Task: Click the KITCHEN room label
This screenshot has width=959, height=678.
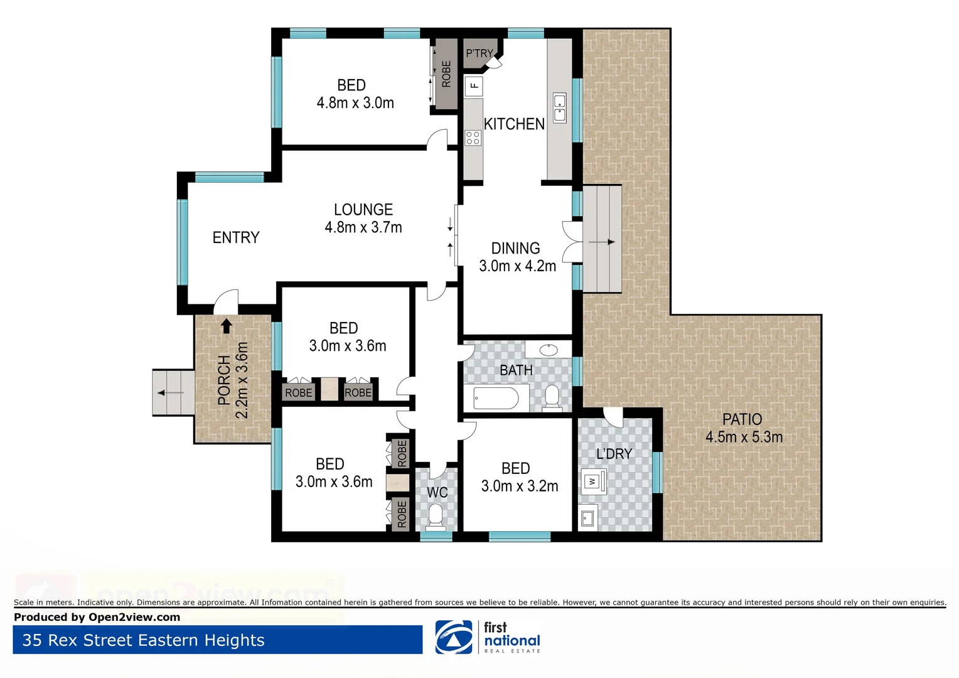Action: (x=513, y=124)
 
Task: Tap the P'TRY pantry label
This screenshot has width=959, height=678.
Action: (x=479, y=53)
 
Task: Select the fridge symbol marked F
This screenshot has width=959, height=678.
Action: (x=474, y=85)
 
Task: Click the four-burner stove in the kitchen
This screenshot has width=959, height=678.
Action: (x=473, y=138)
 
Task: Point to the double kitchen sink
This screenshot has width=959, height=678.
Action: (x=559, y=107)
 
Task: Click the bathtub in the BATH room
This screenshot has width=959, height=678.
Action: (x=496, y=398)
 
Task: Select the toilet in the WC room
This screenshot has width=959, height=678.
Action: (x=436, y=516)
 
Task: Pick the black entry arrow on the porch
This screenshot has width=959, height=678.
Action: (x=227, y=326)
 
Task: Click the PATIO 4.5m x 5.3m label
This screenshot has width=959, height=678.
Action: (x=743, y=428)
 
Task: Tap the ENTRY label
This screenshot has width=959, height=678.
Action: (x=236, y=237)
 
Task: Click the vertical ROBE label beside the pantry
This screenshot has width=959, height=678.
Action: (x=446, y=74)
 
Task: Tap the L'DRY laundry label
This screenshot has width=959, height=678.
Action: (x=614, y=453)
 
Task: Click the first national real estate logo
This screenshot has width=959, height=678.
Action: (x=488, y=637)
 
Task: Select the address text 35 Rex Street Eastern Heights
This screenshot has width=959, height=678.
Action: (x=143, y=640)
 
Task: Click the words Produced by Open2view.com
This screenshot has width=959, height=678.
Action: (x=97, y=617)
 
